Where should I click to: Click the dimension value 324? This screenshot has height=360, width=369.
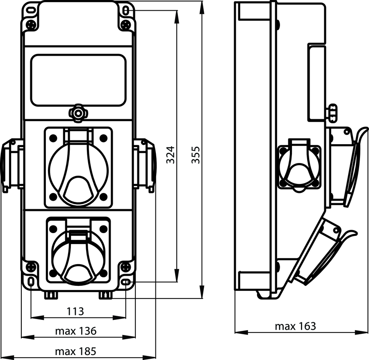pyautogui.click(x=171, y=155)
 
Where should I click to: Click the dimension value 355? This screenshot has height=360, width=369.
pyautogui.click(x=196, y=155)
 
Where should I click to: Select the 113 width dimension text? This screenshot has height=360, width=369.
pyautogui.click(x=75, y=311)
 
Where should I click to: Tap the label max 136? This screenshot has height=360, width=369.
pyautogui.click(x=76, y=331)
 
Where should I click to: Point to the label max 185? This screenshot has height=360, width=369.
pyautogui.click(x=76, y=351)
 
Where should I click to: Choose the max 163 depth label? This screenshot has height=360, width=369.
pyautogui.click(x=295, y=326)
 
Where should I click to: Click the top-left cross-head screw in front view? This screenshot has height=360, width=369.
pyautogui.click(x=31, y=25)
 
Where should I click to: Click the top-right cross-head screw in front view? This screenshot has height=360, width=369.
pyautogui.click(x=126, y=25)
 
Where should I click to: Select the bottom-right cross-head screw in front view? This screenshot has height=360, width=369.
pyautogui.click(x=126, y=267)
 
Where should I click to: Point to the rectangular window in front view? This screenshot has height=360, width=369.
pyautogui.click(x=78, y=80)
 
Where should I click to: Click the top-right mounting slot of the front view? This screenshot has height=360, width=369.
pyautogui.click(x=126, y=11)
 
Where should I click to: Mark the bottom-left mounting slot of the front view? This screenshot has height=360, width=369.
pyautogui.click(x=31, y=281)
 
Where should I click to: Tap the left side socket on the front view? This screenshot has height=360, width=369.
pyautogui.click(x=12, y=165)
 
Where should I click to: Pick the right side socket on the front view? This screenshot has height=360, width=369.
pyautogui.click(x=144, y=165)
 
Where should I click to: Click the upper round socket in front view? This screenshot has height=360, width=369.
pyautogui.click(x=78, y=168)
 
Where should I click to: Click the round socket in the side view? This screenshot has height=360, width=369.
pyautogui.click(x=299, y=166)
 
